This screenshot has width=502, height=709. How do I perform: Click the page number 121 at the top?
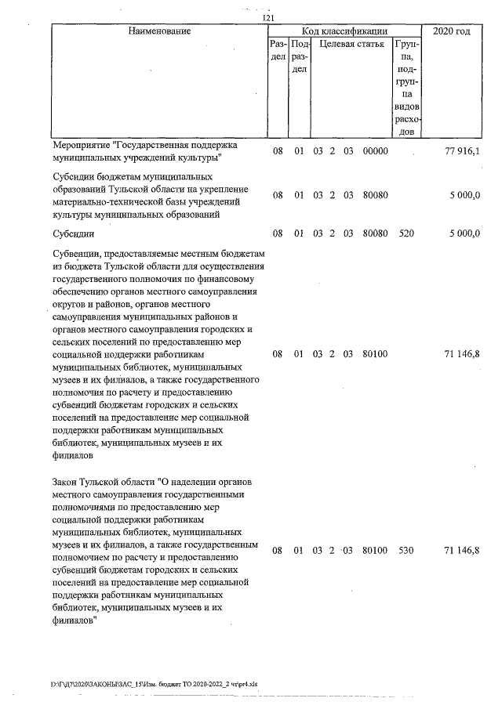[x=267, y=19]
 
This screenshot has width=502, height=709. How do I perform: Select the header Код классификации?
[x=339, y=31]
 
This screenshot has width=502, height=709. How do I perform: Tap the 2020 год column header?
[x=451, y=31]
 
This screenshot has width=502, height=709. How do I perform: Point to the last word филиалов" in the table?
[x=75, y=618]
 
